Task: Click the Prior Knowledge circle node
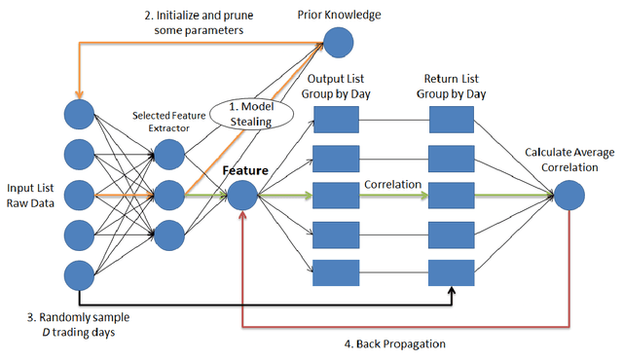339,42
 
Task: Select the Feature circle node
241,195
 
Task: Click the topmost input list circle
78,114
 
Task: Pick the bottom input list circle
78,273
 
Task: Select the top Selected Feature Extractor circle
169,154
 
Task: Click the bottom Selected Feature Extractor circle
169,234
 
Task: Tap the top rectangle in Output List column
336,120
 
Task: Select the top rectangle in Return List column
451,120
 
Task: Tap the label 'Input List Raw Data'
31,195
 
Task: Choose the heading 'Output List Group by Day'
338,85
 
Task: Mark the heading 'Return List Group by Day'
452,85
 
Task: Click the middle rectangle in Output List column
336,195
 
